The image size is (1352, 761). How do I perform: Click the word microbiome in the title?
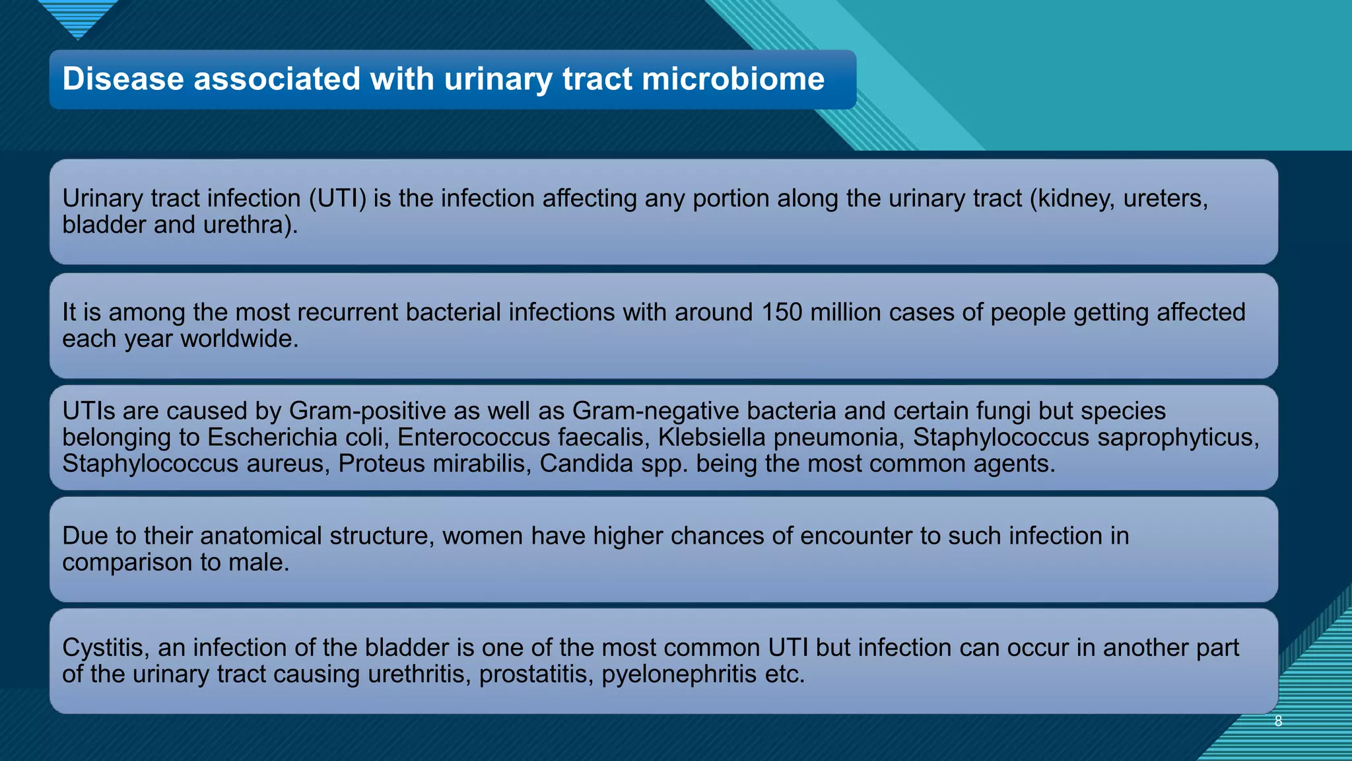point(733,79)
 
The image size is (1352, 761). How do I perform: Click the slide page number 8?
point(1278,721)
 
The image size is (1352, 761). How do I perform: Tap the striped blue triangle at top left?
point(78,17)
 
